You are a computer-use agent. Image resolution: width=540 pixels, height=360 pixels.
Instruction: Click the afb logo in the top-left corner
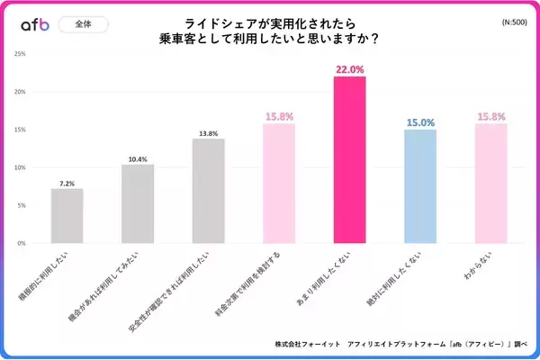34,25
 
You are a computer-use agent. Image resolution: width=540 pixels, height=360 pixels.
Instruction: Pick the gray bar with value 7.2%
67,216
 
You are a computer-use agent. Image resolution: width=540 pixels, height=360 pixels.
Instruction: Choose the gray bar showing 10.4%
138,203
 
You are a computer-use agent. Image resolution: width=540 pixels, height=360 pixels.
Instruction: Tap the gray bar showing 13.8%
208,191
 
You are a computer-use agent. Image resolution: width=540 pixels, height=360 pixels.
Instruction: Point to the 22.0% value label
349,69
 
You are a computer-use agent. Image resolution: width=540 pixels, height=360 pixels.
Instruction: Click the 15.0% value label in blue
419,122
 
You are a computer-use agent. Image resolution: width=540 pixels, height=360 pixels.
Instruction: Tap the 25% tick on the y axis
19,54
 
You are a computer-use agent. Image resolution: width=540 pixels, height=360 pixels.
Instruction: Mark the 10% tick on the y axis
19,167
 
